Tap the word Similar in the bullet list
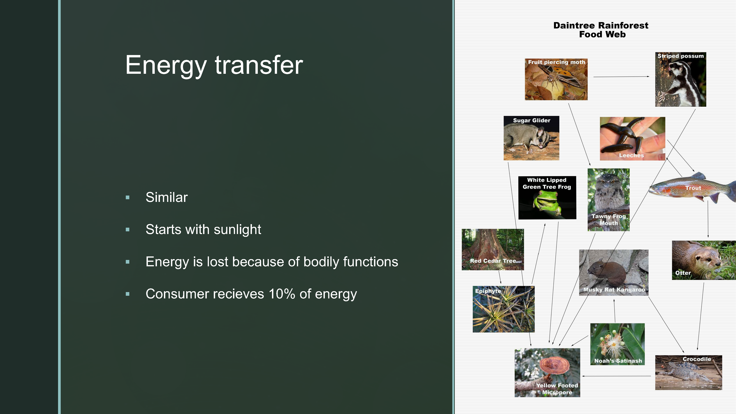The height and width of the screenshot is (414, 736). (x=167, y=197)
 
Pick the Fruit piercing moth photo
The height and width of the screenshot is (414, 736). (x=556, y=79)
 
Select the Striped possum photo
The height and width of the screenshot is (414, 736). (x=681, y=79)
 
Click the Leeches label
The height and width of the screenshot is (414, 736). (x=631, y=155)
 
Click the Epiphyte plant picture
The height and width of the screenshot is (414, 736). (x=503, y=309)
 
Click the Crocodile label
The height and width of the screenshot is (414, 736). (x=697, y=359)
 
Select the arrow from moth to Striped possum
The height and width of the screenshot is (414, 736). (x=621, y=77)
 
